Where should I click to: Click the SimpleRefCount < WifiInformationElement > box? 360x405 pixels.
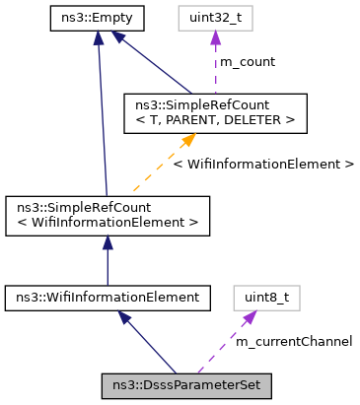pyautogui.click(x=107, y=215)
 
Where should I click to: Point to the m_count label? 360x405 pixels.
pyautogui.click(x=247, y=62)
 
